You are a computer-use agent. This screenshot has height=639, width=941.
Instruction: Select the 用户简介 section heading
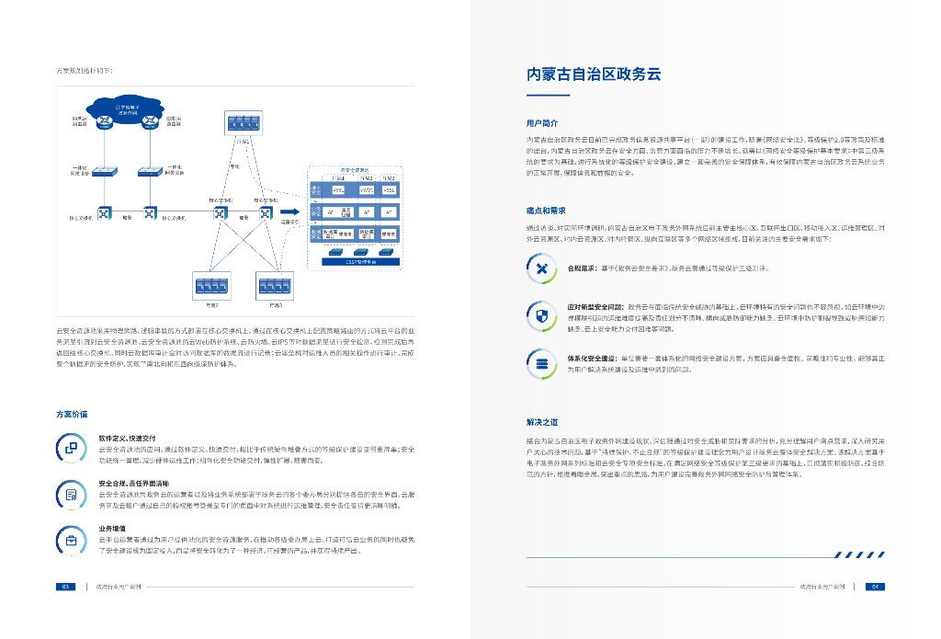(x=542, y=121)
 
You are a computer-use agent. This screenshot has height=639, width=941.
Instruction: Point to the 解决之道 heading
(x=542, y=422)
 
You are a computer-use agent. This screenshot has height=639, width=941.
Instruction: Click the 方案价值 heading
(x=73, y=414)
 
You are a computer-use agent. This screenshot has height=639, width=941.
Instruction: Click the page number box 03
(x=65, y=586)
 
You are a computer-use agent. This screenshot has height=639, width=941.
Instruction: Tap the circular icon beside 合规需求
(x=542, y=268)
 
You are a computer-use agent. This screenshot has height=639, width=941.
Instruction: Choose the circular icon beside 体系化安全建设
(x=542, y=363)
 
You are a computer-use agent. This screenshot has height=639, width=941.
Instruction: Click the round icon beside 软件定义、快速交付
(x=72, y=448)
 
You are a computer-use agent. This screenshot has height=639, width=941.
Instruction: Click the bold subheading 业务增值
(x=113, y=529)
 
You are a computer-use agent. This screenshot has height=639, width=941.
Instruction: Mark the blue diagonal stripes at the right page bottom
(x=859, y=554)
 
